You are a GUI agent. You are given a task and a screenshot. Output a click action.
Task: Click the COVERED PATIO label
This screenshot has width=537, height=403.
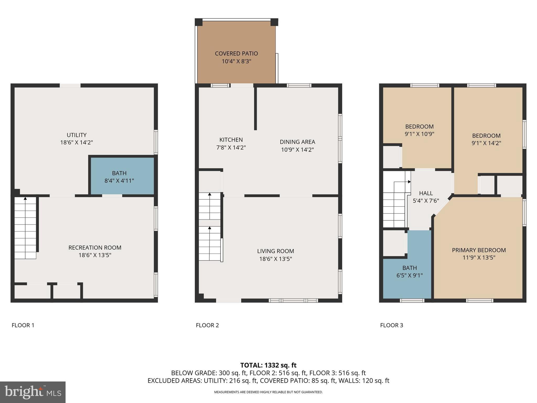tap(236, 54)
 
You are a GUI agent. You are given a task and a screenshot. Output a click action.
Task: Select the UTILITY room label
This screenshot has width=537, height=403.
tap(77, 135)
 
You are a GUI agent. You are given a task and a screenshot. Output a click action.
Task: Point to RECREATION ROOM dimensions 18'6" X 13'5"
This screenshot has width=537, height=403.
tap(95, 255)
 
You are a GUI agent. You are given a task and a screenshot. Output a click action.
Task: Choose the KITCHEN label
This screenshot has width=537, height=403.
tap(231, 140)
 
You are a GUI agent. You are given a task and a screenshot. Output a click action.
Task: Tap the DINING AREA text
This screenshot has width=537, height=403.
tap(297, 142)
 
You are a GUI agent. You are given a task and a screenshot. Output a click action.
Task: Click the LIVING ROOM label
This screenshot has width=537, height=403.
tap(275, 251)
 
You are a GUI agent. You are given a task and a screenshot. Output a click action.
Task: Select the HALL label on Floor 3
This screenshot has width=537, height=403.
tap(426, 193)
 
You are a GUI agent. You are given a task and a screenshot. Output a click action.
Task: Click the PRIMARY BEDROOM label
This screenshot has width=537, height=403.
tap(479, 250)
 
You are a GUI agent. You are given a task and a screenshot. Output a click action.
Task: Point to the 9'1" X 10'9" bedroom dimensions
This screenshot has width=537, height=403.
tap(419, 134)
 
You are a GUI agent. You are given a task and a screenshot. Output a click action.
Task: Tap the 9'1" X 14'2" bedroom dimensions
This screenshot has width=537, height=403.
tap(486, 143)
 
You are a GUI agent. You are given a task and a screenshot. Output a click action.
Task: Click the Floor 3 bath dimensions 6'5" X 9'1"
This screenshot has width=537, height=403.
tap(410, 275)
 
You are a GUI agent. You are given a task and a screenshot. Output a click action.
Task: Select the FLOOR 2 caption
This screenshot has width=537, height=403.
tap(207, 325)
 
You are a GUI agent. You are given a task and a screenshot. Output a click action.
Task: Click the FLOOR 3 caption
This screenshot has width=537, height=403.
tap(391, 325)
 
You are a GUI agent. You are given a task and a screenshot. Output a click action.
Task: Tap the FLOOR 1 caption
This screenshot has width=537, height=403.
tap(23, 325)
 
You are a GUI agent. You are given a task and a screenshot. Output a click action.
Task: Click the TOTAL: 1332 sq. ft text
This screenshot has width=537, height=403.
tap(268, 365)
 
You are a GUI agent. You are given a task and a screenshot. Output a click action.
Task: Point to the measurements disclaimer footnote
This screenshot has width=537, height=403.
tap(268, 392)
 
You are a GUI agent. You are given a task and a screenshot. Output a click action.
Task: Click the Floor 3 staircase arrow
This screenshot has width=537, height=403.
tap(409, 182)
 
